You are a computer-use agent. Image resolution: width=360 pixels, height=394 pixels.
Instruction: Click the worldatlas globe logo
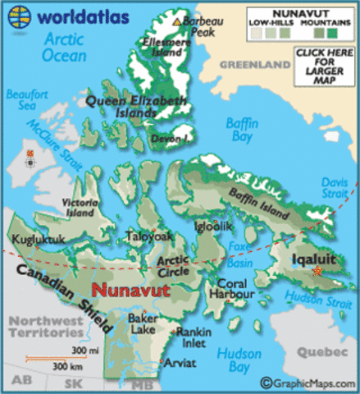tap(18, 16)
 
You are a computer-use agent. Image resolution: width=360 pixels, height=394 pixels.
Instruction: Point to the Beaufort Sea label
tap(24, 101)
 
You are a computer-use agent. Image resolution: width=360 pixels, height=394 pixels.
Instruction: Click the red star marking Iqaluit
tap(318, 273)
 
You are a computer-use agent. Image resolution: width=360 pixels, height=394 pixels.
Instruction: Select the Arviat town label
tap(180, 362)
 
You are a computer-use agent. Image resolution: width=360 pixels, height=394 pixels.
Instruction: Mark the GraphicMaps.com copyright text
tap(309, 383)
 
